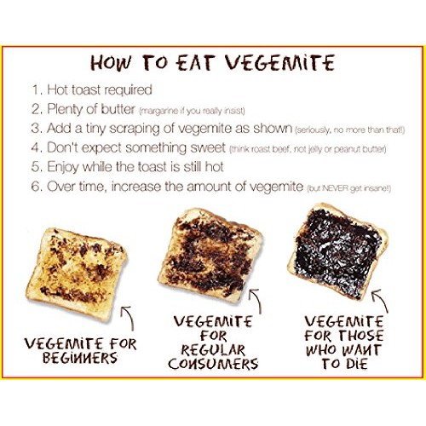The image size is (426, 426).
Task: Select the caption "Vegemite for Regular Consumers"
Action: (x=213, y=343)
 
